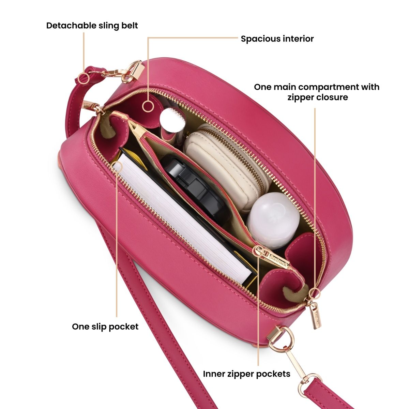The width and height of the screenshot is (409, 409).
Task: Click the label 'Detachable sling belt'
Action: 92,26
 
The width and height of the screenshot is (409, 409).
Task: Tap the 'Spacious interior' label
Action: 277,39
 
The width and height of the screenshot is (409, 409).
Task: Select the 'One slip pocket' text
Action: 105,327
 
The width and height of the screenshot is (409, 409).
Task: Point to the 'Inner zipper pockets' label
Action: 246,374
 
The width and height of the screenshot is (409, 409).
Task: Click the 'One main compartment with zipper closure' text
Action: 316,92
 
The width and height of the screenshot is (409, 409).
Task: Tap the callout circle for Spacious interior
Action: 148,106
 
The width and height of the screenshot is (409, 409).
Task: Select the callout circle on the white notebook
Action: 117,167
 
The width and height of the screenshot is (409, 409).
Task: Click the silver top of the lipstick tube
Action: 169,118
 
